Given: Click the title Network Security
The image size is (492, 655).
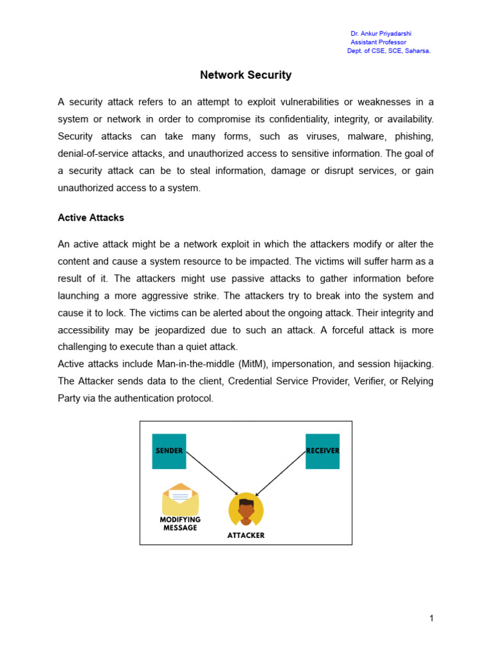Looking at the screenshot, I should click(x=245, y=75).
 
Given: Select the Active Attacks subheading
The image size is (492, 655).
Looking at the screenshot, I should click(x=91, y=217).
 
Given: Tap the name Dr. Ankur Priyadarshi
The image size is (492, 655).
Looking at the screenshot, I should click(x=381, y=33).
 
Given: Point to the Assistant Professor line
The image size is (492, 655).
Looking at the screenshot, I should click(x=378, y=42).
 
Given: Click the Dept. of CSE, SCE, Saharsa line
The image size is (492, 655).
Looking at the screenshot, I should click(x=388, y=51).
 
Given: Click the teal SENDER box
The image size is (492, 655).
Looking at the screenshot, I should click(x=169, y=451).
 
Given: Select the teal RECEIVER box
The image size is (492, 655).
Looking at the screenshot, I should click(x=322, y=451).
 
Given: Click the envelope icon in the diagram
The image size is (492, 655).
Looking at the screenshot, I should click(x=181, y=499).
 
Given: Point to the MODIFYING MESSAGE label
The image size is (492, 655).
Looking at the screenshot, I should click(x=180, y=524).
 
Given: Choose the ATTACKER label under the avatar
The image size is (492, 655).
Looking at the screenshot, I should click(x=246, y=535).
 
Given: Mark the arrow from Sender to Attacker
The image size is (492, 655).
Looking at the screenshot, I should click(x=211, y=473).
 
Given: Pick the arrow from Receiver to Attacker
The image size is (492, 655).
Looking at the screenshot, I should click(x=281, y=473).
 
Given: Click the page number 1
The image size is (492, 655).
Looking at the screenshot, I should click(x=432, y=618).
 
